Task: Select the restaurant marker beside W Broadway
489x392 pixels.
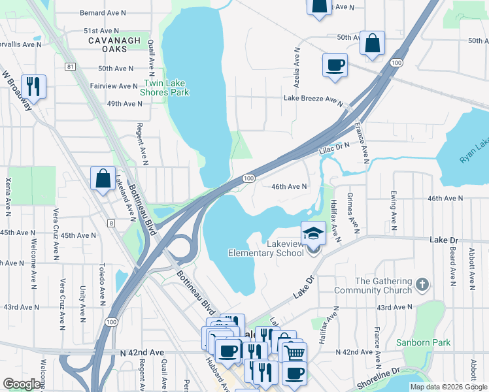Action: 32,86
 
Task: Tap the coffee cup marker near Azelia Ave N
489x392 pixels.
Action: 335,65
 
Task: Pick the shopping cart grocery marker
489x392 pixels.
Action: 295,353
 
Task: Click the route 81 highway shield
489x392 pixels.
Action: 70,67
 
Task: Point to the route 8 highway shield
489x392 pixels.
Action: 112,223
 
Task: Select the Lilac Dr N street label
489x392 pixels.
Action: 335,150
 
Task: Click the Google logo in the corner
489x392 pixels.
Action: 22,384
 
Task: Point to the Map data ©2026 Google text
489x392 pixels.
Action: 448,387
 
